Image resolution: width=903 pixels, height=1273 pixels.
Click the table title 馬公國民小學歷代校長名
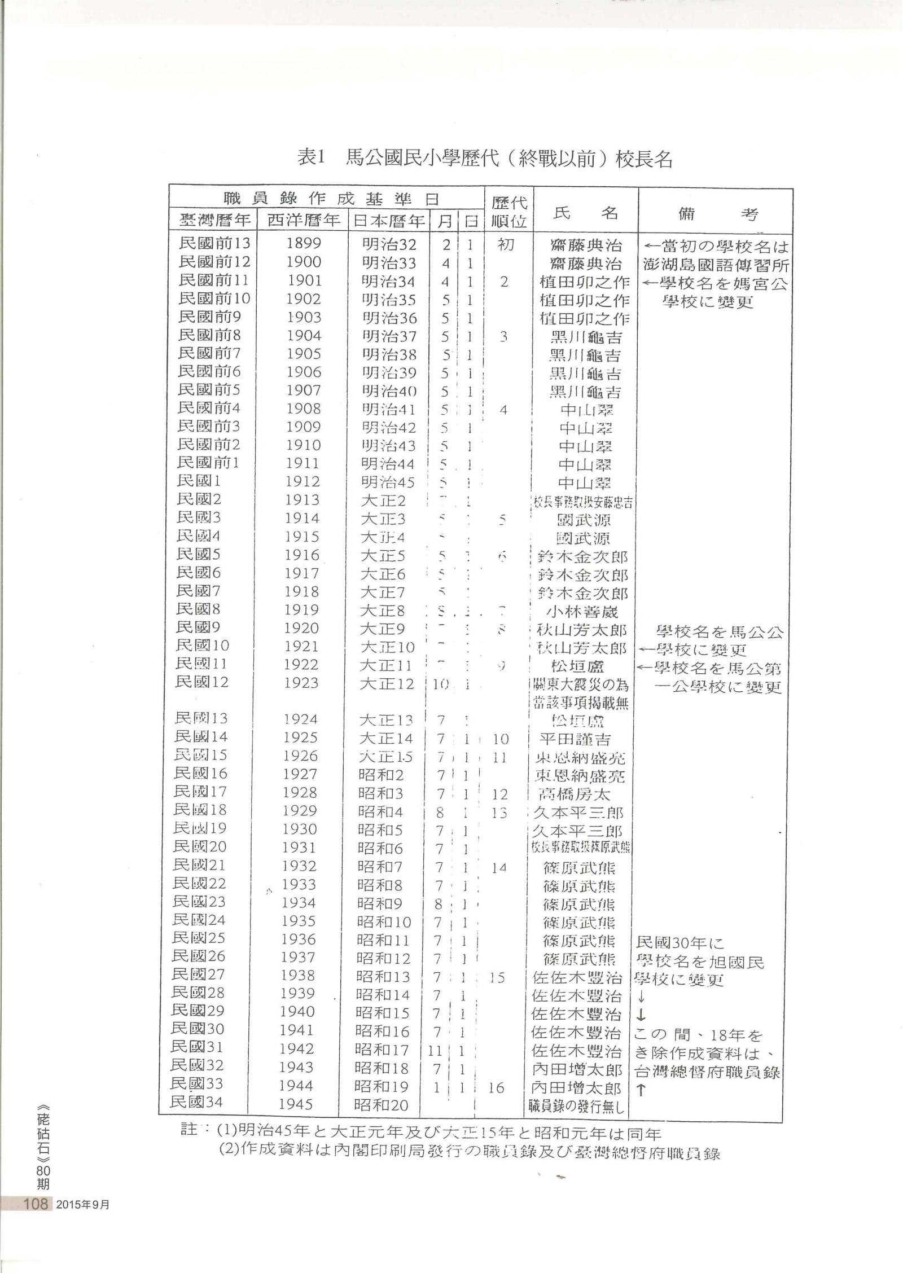coord(484,159)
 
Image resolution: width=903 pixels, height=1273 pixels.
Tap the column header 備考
coord(716,214)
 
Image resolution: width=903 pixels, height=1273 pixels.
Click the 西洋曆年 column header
coord(304,220)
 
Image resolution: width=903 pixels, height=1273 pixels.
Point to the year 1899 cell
coord(304,244)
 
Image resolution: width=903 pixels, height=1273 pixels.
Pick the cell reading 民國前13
coord(214,243)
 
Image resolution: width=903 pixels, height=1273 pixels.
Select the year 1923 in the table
coord(301,683)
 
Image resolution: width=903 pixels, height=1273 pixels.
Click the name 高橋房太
coord(579,794)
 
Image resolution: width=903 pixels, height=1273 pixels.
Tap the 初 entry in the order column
coord(505,245)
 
